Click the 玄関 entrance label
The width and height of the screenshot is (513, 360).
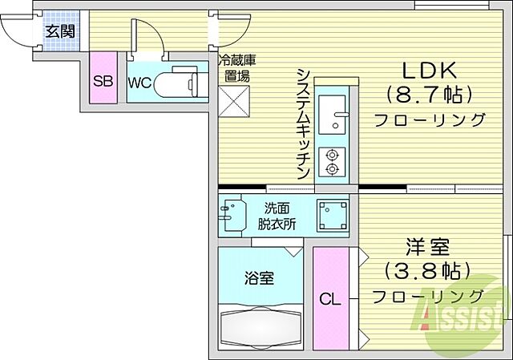pyautogui.click(x=60, y=32)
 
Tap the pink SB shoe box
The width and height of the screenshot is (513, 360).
pyautogui.click(x=102, y=81)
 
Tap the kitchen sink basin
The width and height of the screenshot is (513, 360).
pyautogui.click(x=332, y=114)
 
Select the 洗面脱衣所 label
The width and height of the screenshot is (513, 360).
pyautogui.click(x=276, y=215)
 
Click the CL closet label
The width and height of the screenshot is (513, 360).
pyautogui.click(x=330, y=301)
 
